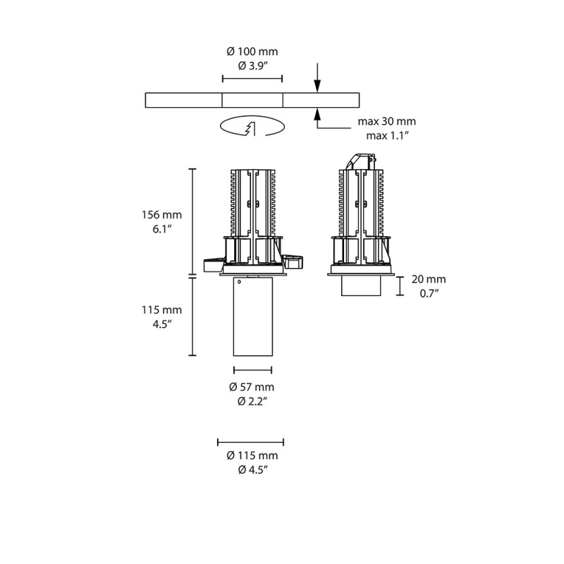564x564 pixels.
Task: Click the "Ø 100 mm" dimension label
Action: point(252,51)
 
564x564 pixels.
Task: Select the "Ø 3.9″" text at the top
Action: point(252,66)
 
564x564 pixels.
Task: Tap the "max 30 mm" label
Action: point(391,121)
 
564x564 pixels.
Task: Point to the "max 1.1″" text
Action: point(391,135)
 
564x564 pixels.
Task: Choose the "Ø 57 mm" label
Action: point(252,386)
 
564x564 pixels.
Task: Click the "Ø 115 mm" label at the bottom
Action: point(252,455)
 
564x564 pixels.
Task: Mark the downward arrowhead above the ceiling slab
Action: point(318,87)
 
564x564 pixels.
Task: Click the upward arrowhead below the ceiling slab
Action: point(318,113)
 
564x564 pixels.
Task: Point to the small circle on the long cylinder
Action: point(239,283)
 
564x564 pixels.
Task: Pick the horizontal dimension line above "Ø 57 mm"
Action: point(252,369)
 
